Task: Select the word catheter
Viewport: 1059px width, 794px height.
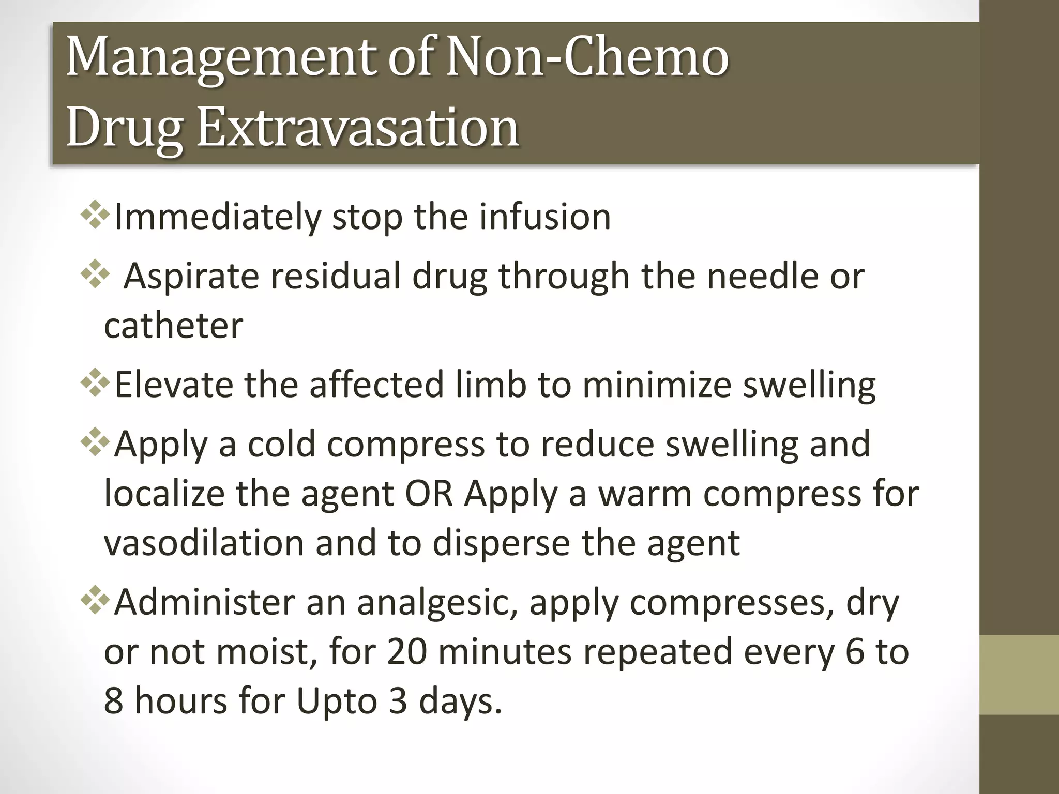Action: click(x=173, y=326)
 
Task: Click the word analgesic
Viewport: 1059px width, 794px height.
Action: click(x=437, y=603)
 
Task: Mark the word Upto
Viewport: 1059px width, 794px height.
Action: click(x=336, y=701)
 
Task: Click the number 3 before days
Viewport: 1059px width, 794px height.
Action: click(x=398, y=701)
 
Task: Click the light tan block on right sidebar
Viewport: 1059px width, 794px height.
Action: click(x=1019, y=675)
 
